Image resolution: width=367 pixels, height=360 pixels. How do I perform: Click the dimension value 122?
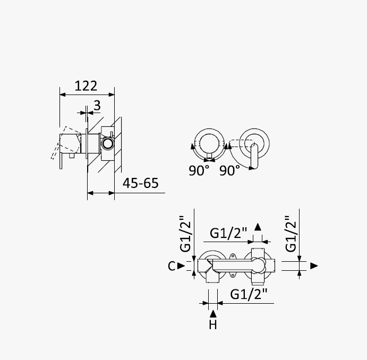point(86,86)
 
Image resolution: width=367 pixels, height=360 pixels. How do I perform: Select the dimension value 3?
point(97,106)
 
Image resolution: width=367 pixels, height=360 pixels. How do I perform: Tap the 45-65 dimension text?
point(140,183)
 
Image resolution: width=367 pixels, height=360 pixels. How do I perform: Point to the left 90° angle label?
point(199,170)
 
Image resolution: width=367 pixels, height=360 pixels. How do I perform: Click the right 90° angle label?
point(229,170)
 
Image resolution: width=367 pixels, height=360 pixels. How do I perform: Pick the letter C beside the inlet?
point(172,266)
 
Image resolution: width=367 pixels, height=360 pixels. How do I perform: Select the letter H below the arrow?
point(213,324)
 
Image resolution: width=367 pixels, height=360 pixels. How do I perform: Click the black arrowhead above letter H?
point(213,314)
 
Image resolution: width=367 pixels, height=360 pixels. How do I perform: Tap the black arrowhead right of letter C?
point(181,265)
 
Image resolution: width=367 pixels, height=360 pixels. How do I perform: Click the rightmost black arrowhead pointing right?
point(314,265)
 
